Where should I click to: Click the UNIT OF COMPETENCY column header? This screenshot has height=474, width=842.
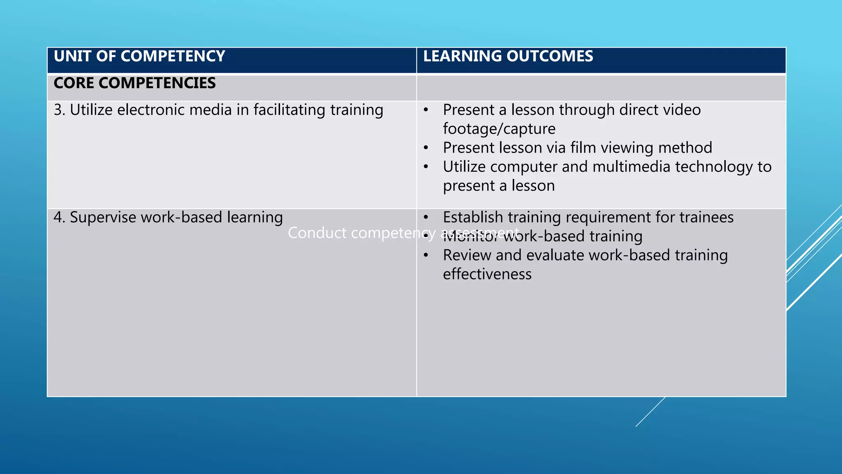click(x=139, y=56)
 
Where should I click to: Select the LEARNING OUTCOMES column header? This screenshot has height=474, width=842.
click(x=508, y=56)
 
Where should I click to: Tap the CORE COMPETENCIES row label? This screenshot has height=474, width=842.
click(x=134, y=83)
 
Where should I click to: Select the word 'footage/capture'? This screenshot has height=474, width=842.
click(x=499, y=129)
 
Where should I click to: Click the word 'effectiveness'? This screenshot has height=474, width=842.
click(x=487, y=274)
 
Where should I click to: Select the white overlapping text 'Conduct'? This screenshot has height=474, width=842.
click(x=317, y=233)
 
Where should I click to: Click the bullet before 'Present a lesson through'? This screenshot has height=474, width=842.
click(x=426, y=110)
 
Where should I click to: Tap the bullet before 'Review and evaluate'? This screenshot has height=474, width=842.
click(x=426, y=256)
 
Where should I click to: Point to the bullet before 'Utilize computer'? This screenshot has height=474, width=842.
click(x=426, y=167)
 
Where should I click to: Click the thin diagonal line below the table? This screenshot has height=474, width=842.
click(x=650, y=412)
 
